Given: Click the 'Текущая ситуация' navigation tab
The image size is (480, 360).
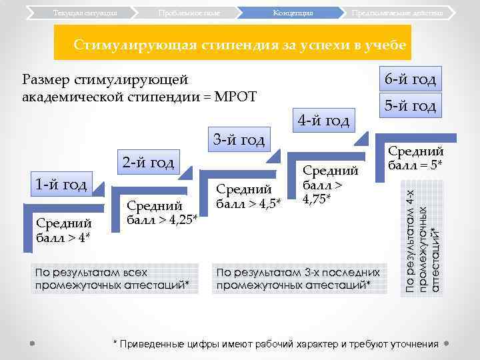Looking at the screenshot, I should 85,13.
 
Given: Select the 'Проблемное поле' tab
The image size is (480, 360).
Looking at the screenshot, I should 189,13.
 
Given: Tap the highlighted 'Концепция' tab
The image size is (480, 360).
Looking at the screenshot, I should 293,13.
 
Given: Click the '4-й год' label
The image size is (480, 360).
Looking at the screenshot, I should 323,121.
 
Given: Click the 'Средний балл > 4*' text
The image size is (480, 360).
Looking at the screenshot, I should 64,230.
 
